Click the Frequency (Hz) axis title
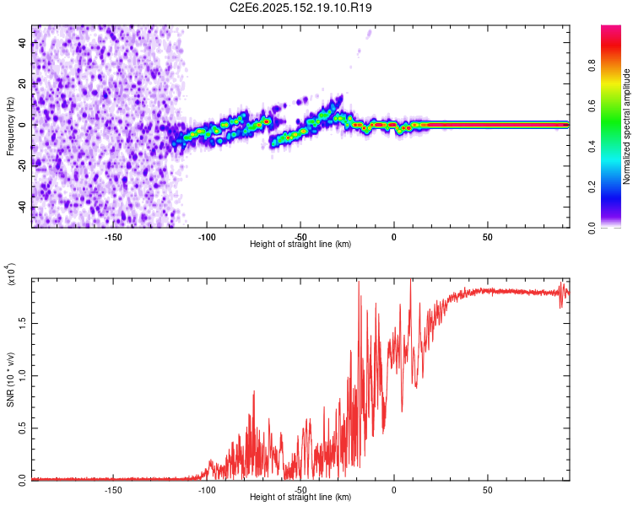[x=10, y=126]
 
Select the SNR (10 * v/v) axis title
[x=10, y=379]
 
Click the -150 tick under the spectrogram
[x=113, y=237]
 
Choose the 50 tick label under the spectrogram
[x=488, y=237]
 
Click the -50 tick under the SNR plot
[x=300, y=489]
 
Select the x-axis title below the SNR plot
[x=300, y=498]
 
